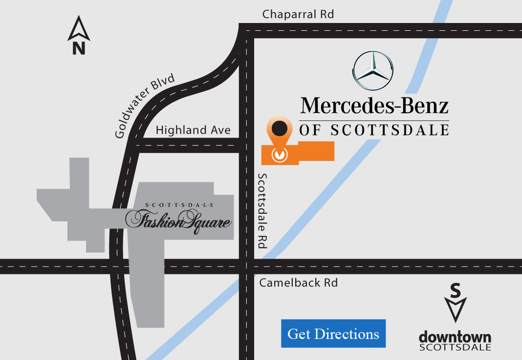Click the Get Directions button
click(333, 334)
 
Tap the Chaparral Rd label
click(298, 14)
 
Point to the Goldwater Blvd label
click(145, 107)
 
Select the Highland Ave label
click(193, 130)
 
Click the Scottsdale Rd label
click(262, 211)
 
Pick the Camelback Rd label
click(298, 283)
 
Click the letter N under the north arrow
click(79, 48)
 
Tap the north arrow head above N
click(79, 28)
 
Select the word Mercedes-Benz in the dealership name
click(374, 106)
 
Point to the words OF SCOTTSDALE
click(374, 130)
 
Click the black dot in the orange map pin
click(279, 129)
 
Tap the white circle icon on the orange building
click(279, 154)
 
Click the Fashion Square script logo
click(178, 221)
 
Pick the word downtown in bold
click(455, 337)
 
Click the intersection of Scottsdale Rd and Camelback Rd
click(246, 266)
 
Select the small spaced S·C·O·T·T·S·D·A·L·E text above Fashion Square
click(179, 205)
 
